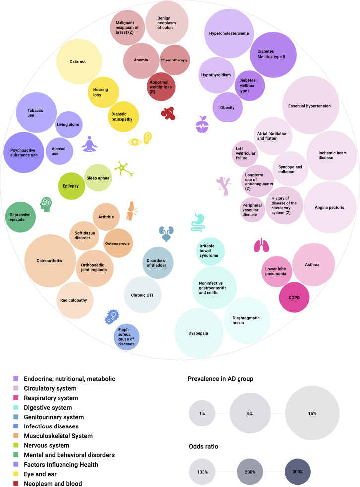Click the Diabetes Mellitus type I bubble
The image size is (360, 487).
pos(249,85)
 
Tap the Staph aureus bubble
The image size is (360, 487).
pos(126,337)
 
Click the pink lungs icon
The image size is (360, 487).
pos(261,244)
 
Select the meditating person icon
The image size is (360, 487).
pos(90,144)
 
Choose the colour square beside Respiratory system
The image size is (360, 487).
pos(16,398)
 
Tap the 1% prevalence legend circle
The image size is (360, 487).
pos(202,413)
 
